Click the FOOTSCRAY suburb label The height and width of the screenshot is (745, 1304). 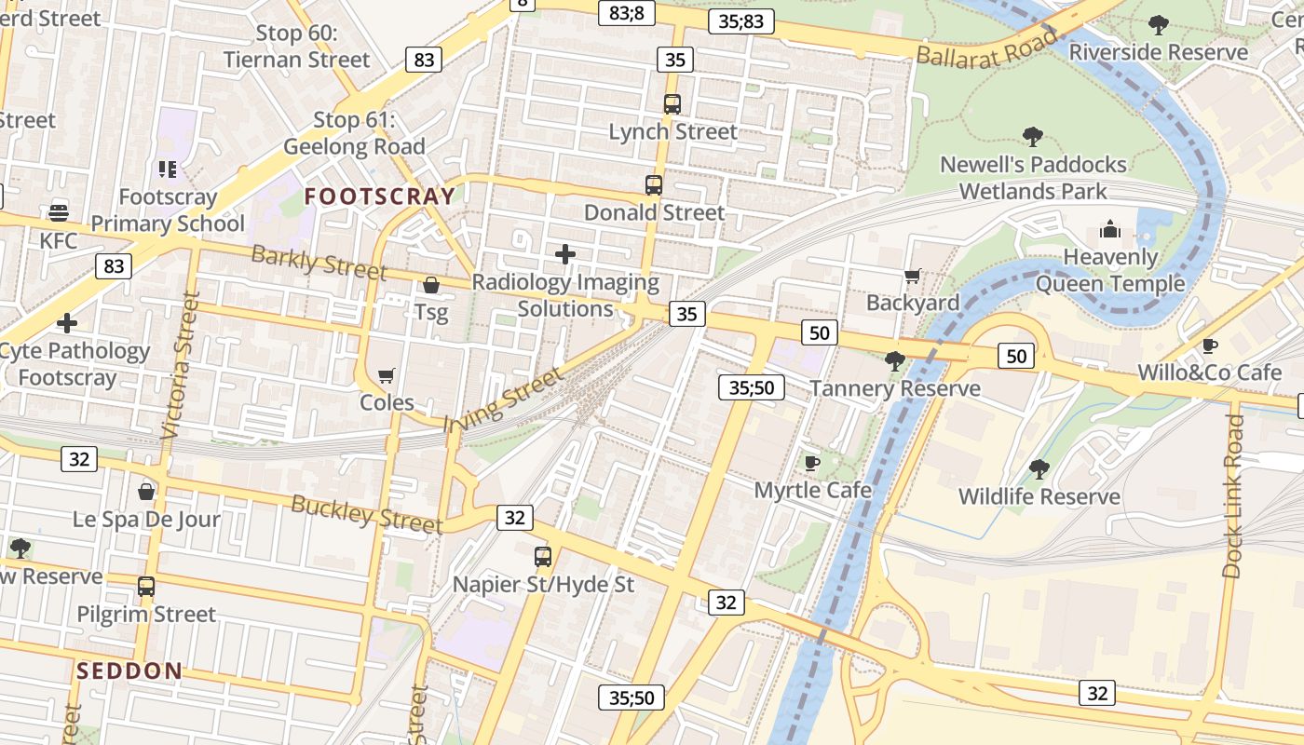[x=380, y=196]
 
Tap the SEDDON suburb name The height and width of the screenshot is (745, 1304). [x=129, y=670]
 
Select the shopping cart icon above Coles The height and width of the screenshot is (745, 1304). [x=386, y=375]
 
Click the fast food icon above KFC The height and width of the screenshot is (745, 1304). [x=58, y=213]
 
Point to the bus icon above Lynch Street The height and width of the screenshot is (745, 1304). [x=672, y=103]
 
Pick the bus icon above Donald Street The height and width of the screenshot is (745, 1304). [x=654, y=184]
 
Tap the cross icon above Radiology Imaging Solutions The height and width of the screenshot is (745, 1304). [x=565, y=253]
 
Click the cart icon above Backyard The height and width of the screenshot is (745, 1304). [x=913, y=276]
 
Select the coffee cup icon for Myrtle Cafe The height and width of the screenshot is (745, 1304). [x=812, y=463]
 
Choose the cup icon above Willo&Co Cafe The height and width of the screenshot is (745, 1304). [x=1210, y=346]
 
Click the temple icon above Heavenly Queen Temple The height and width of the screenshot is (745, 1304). [x=1110, y=229]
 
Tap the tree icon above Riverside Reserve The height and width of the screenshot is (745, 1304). [x=1159, y=25]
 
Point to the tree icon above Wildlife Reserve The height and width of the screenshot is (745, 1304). [x=1039, y=469]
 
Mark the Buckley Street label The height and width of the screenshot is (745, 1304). [x=366, y=515]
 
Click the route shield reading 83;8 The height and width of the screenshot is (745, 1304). [x=627, y=13]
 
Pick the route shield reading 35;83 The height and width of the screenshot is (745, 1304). [x=741, y=21]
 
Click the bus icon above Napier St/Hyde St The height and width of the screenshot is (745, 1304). [x=543, y=557]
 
